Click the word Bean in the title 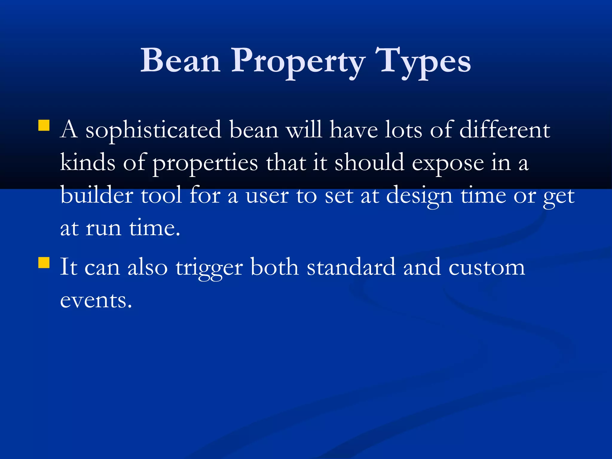point(180,61)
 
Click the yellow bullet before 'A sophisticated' point(44,126)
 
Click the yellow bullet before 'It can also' point(44,263)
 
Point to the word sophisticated point(153,131)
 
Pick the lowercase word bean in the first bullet point(254,130)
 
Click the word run point(103,229)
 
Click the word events point(96,300)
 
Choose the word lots point(403,130)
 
